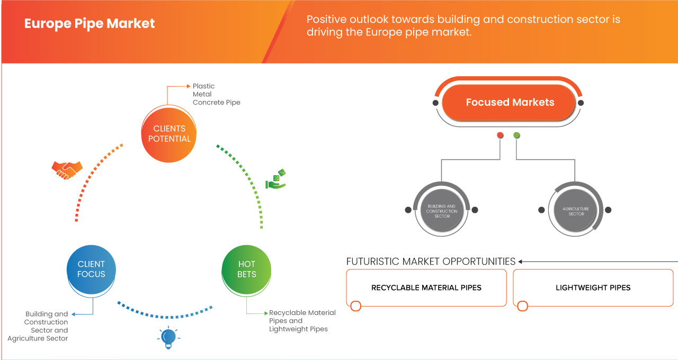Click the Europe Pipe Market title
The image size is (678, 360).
pyautogui.click(x=90, y=24)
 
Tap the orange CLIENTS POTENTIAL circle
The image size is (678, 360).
pyautogui.click(x=169, y=133)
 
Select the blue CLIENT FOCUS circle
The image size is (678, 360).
pyautogui.click(x=91, y=269)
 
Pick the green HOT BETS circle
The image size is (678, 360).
pyautogui.click(x=247, y=269)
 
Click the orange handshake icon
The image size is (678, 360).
pyautogui.click(x=67, y=169)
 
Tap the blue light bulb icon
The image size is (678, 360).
pyautogui.click(x=168, y=338)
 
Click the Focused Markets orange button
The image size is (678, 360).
pyautogui.click(x=510, y=102)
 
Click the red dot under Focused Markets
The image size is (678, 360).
pyautogui.click(x=500, y=136)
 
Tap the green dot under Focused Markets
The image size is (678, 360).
pyautogui.click(x=516, y=136)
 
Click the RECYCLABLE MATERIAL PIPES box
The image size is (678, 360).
pyautogui.click(x=426, y=288)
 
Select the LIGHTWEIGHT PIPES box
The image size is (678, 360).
pyautogui.click(x=593, y=288)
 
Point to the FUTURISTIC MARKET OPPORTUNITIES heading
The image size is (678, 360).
pyautogui.click(x=431, y=262)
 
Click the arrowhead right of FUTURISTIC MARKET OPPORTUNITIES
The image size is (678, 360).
pyautogui.click(x=521, y=262)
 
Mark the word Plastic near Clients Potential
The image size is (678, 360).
pyautogui.click(x=204, y=86)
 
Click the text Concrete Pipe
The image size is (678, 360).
pyautogui.click(x=216, y=102)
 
